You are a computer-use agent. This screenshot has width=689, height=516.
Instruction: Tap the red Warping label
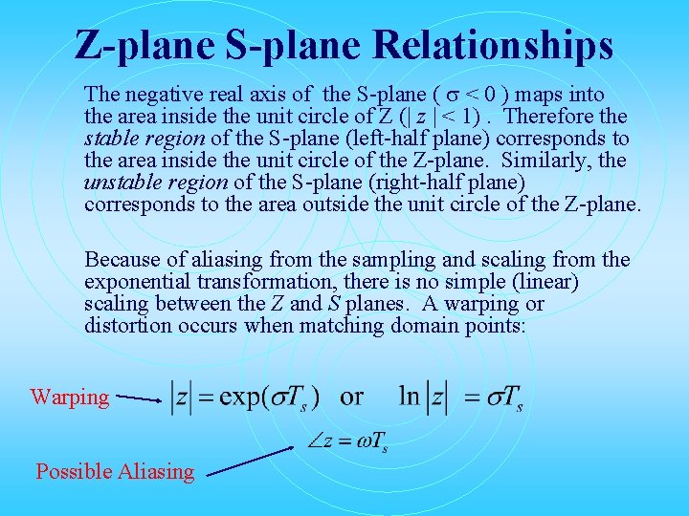(70, 397)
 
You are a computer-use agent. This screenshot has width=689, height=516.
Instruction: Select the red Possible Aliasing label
(115, 470)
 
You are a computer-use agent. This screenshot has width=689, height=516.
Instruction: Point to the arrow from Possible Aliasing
(251, 460)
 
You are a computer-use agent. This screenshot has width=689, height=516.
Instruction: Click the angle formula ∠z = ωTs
(346, 442)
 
